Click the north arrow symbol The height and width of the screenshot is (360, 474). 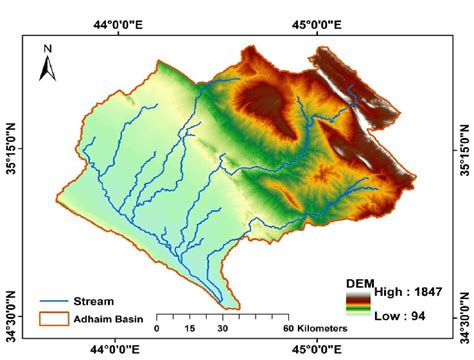[x=46, y=67]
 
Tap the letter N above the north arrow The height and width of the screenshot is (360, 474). [x=46, y=46]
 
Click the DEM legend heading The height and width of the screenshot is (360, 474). [x=360, y=281]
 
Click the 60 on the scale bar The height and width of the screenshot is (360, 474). [x=287, y=328]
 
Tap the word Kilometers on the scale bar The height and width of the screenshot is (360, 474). [x=320, y=328]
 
